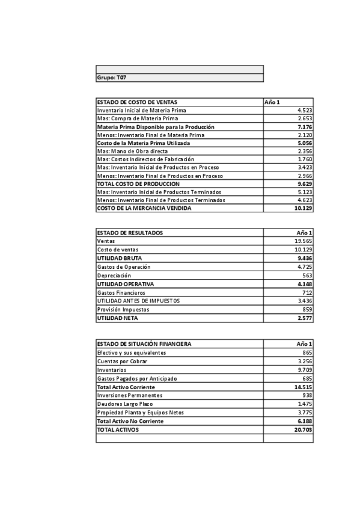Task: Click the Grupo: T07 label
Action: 112,78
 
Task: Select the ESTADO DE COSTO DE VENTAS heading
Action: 137,102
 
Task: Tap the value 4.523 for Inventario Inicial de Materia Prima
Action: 304,111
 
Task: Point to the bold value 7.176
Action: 304,127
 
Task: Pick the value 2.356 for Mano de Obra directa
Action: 304,152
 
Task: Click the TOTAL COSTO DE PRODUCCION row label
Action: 138,183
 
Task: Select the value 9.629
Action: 304,183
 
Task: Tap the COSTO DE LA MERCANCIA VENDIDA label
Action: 144,208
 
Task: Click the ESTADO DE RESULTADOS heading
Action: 130,233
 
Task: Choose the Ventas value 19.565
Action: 303,241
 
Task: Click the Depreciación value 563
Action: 307,275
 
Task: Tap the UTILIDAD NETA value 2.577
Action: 304,318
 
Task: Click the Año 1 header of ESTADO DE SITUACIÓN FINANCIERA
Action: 304,344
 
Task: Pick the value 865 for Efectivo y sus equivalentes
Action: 307,352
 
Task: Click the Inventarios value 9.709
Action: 304,370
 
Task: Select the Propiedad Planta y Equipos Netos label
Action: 141,413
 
